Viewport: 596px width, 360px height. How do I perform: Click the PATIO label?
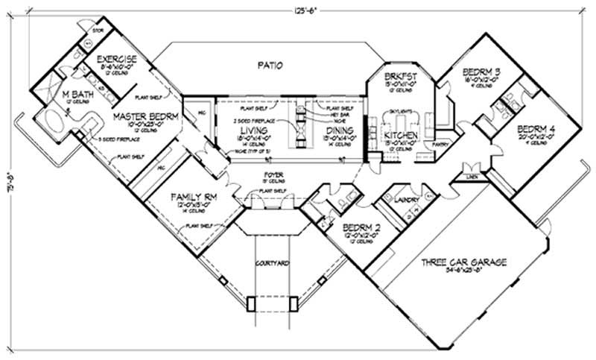(270, 66)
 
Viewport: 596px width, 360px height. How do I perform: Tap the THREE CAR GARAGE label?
(463, 262)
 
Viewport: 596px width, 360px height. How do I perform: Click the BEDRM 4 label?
(535, 128)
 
